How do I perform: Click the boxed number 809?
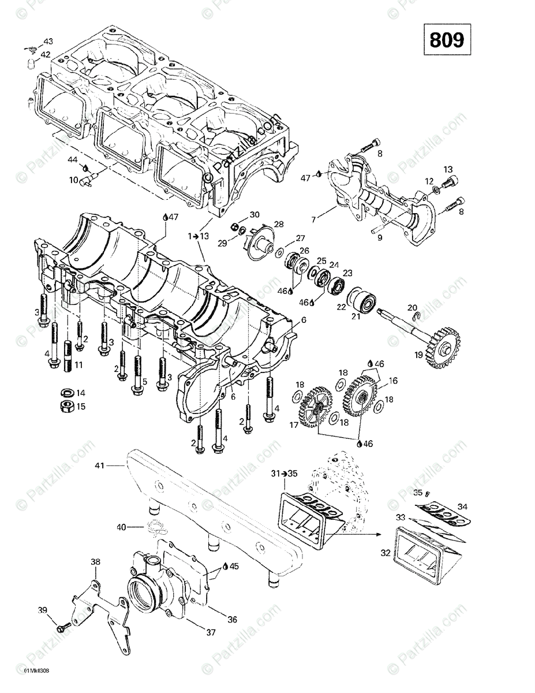pyautogui.click(x=447, y=39)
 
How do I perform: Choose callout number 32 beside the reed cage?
pyautogui.click(x=385, y=553)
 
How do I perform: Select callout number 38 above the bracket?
pyautogui.click(x=95, y=561)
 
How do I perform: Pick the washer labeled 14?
pyautogui.click(x=67, y=393)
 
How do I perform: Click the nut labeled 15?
pyautogui.click(x=67, y=406)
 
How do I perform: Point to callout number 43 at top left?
pyautogui.click(x=48, y=42)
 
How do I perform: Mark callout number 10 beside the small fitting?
pyautogui.click(x=74, y=180)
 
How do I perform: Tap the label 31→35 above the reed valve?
pyautogui.click(x=284, y=473)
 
